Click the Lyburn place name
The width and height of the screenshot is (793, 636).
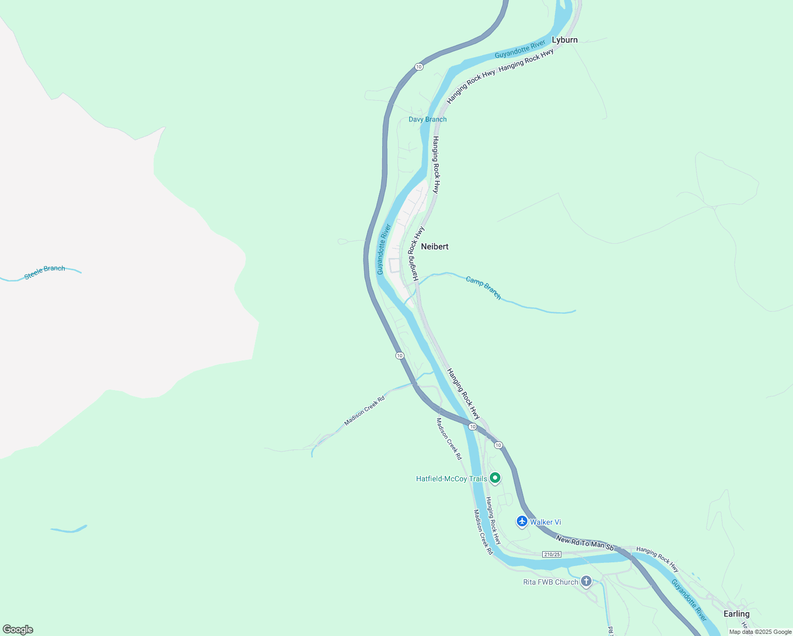tap(565, 40)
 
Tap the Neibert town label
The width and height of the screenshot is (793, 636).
tap(435, 246)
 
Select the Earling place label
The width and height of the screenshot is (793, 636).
tap(736, 614)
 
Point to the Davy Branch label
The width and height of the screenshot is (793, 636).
tap(427, 119)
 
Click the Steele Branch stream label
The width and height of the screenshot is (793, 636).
tap(45, 272)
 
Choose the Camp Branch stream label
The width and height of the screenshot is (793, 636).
tap(483, 287)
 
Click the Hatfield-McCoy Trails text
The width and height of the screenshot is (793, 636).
tap(451, 479)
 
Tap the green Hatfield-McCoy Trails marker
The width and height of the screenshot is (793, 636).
tap(495, 478)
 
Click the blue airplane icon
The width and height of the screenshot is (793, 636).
tap(522, 522)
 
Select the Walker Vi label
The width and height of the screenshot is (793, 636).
tap(545, 522)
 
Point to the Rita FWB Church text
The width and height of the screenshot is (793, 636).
tap(551, 582)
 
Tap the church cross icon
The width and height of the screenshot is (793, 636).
tap(586, 581)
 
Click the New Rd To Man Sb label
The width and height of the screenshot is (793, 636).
tap(584, 543)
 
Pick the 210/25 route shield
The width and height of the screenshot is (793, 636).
tap(552, 554)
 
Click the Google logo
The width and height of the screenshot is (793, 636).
tap(18, 630)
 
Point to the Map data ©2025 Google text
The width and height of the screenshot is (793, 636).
tap(760, 632)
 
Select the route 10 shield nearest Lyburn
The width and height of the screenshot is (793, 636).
tap(419, 66)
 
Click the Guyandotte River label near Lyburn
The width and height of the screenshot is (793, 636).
tap(520, 49)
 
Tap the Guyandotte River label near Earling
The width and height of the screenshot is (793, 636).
tap(689, 600)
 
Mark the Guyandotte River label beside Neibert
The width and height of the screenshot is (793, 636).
tap(384, 249)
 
